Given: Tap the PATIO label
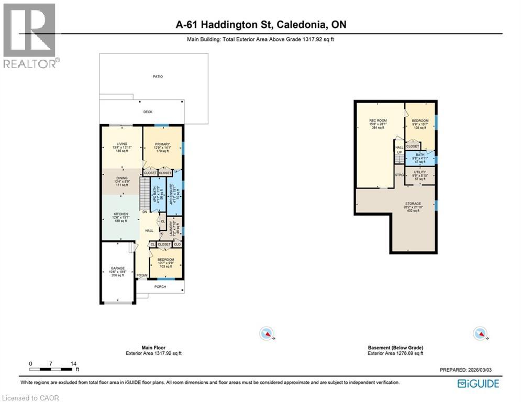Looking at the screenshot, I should point(158,76).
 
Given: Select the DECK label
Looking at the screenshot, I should point(148,112).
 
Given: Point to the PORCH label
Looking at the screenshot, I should point(160,286).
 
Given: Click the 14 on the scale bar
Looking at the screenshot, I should point(73,363).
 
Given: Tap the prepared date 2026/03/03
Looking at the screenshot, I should point(485,370).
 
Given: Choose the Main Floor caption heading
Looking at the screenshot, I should point(153,348).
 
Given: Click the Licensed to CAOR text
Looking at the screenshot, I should point(31,398).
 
